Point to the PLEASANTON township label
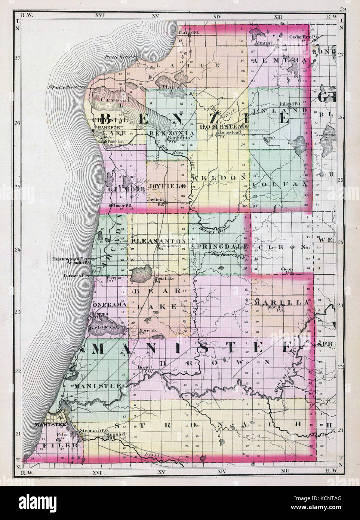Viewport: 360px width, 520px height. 159,241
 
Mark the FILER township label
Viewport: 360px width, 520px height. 65,446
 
